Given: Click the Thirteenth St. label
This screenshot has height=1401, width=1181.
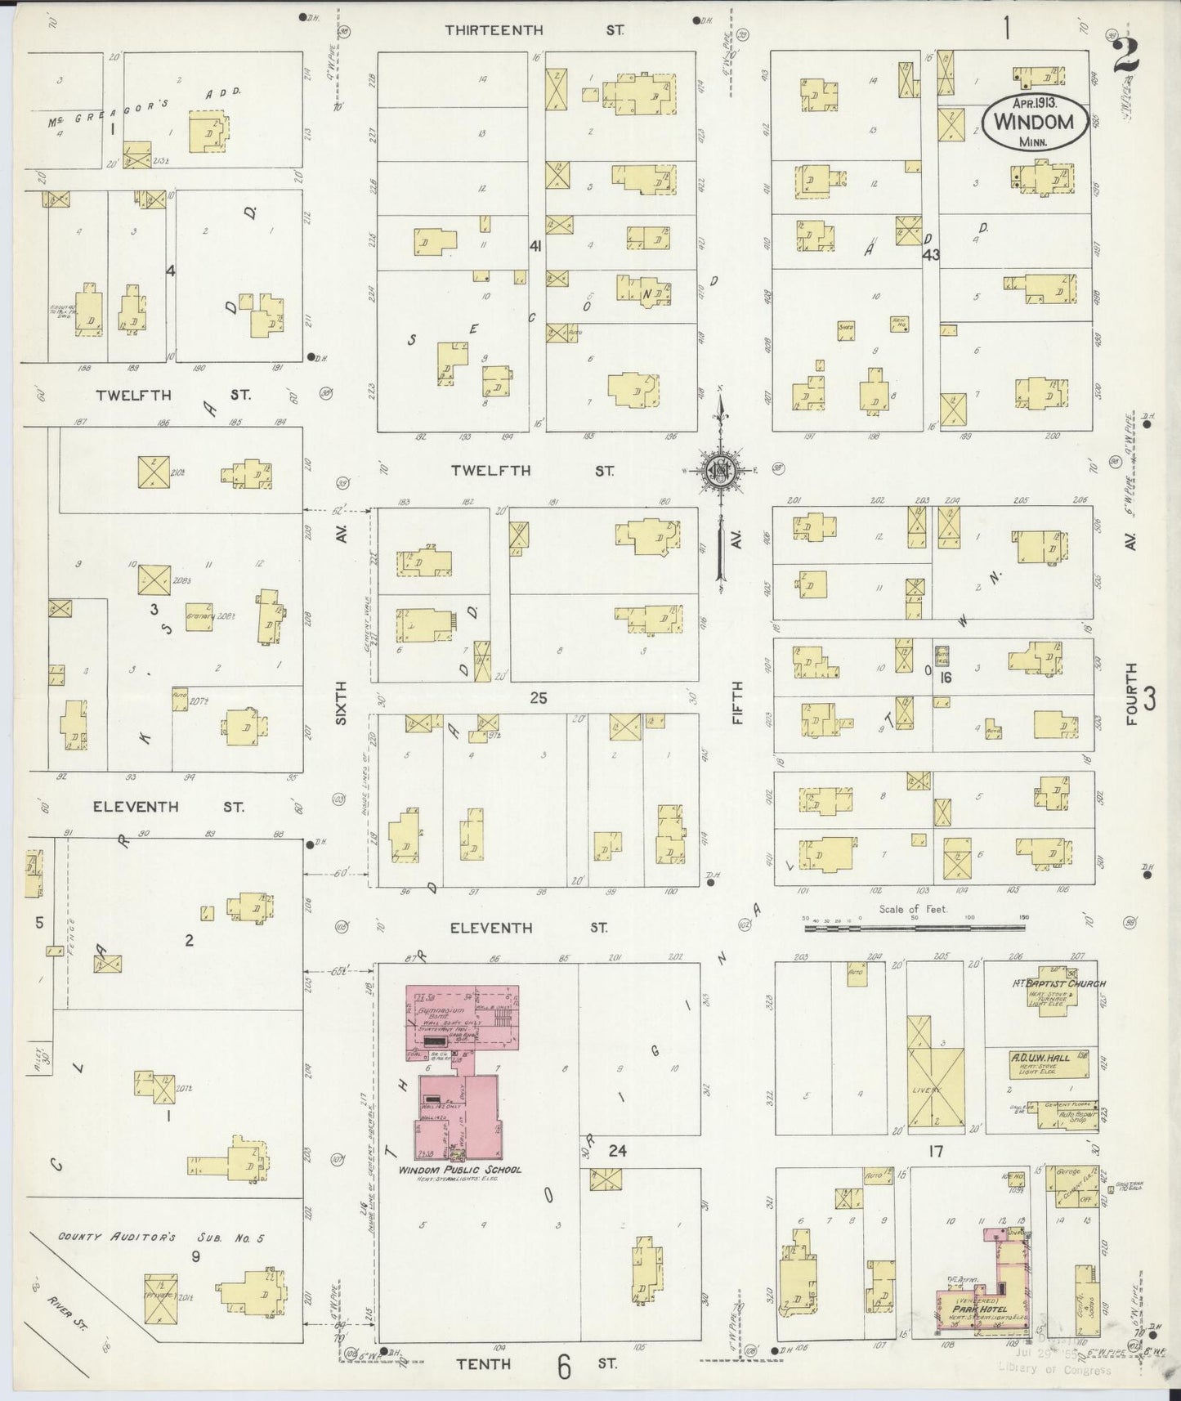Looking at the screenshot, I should click(535, 30).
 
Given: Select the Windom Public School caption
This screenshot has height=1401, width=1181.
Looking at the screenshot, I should click(459, 1170).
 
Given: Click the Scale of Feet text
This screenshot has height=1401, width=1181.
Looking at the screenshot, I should click(913, 909).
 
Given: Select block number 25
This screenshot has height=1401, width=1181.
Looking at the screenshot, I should click(537, 698).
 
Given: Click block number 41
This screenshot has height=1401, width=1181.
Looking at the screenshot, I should click(536, 246).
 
